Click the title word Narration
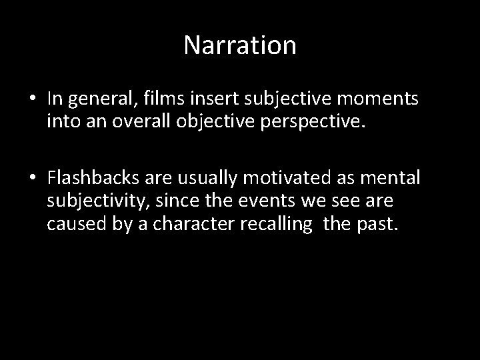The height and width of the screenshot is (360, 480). (240, 45)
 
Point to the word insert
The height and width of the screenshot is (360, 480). (217, 99)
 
